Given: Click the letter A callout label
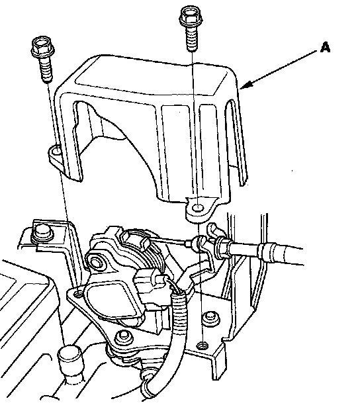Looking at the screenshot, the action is click(x=325, y=48).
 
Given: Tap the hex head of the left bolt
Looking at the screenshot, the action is click(x=43, y=48).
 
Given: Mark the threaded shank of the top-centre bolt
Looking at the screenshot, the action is click(x=192, y=39).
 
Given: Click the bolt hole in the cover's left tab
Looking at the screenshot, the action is click(x=56, y=152).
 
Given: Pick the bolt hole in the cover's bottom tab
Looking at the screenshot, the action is click(x=198, y=208).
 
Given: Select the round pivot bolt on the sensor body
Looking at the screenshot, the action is click(x=96, y=261).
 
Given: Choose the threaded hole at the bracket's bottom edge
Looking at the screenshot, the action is click(x=202, y=345).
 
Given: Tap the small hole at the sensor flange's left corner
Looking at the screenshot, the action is click(x=77, y=293).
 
